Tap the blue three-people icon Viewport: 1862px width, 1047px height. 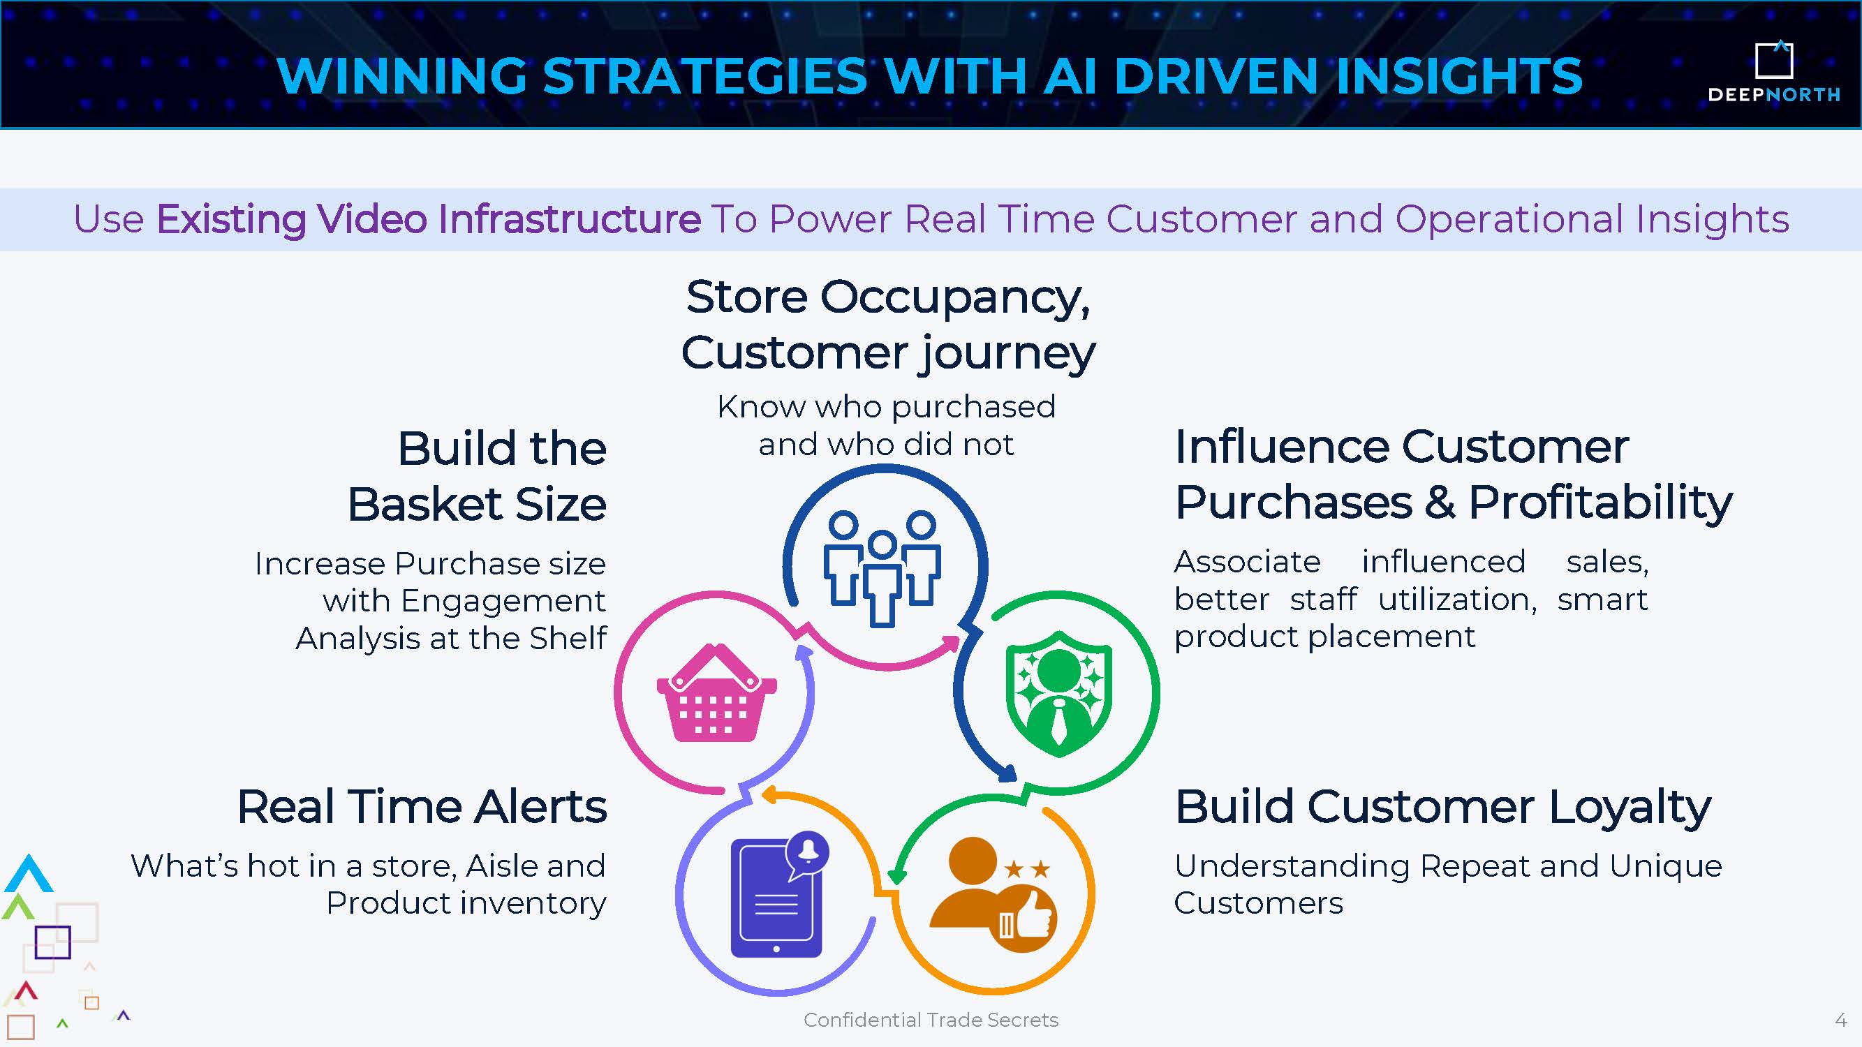click(x=882, y=568)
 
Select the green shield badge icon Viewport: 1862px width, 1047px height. click(x=1059, y=694)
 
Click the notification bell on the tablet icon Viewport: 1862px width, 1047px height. click(x=808, y=851)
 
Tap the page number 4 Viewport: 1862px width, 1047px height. click(x=1840, y=1020)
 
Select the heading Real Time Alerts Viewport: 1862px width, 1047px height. click(x=422, y=806)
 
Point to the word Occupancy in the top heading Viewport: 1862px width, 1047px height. click(x=954, y=299)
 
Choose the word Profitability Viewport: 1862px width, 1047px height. click(x=1600, y=503)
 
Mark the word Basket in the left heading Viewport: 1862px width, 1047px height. click(x=425, y=504)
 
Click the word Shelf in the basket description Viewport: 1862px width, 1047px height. click(x=568, y=638)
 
